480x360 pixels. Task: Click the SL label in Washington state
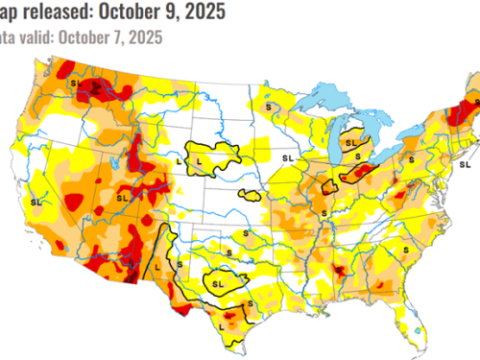(76, 84)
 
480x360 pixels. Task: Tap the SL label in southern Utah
(122, 198)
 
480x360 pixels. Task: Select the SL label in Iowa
(286, 156)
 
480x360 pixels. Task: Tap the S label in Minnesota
(270, 105)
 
